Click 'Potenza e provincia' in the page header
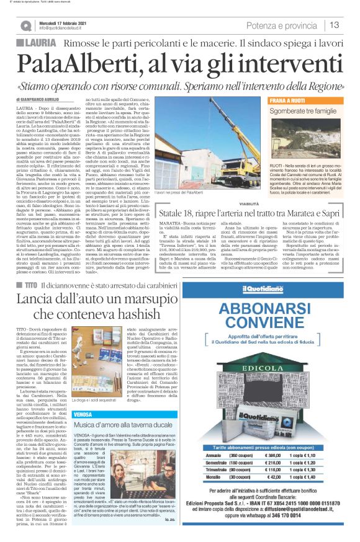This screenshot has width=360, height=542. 282,25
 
